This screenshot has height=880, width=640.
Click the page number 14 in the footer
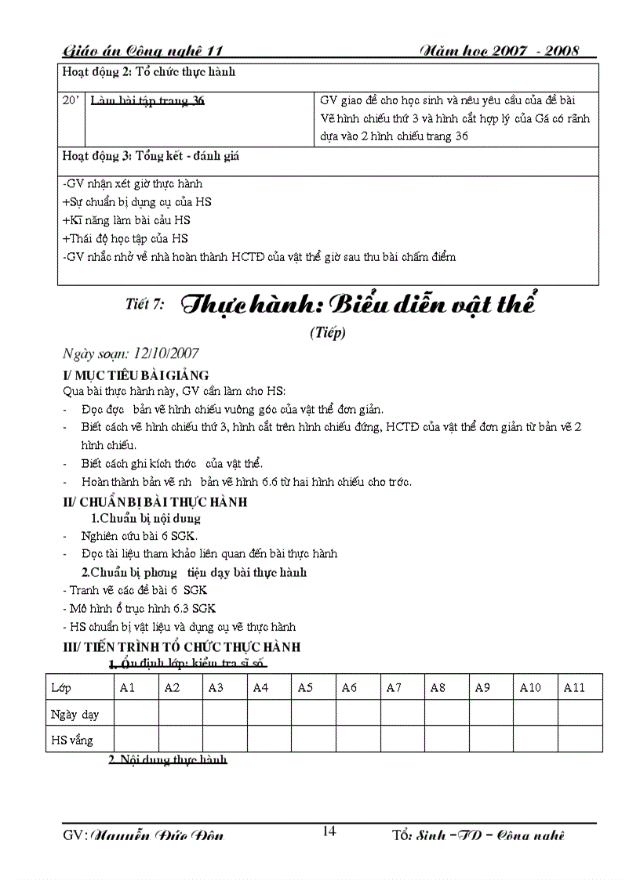point(329,831)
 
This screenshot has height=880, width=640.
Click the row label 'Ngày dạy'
point(75,714)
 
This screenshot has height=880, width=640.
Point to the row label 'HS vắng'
point(71,740)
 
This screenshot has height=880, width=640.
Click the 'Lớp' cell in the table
point(61,687)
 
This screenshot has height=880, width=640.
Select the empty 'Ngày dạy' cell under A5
point(315,713)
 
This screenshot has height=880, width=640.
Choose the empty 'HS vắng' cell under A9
point(492,739)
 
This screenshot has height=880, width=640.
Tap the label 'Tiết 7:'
point(144,306)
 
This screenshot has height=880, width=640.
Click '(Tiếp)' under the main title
point(328,331)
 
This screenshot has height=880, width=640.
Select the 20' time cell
point(71,100)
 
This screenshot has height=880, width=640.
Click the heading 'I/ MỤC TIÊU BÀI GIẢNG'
point(136,375)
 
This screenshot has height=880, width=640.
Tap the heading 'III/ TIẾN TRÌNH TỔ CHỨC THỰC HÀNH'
point(181,647)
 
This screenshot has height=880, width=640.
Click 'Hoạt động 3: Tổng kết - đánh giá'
point(151,156)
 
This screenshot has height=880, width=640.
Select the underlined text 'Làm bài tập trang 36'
point(147,100)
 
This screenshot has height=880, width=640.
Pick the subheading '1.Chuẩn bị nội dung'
point(146,518)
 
